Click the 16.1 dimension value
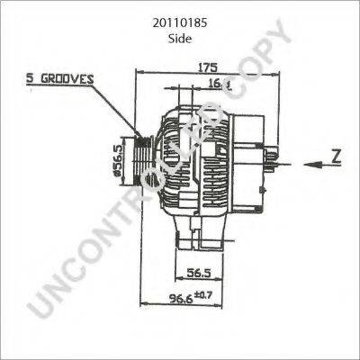tap(220, 85)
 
